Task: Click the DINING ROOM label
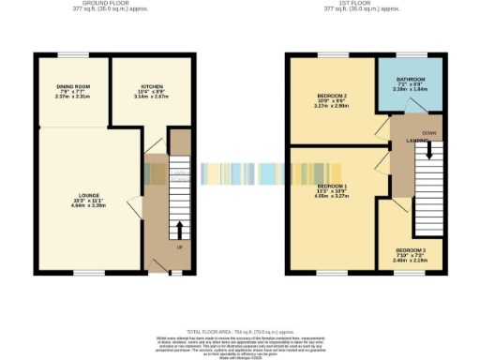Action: (x=71, y=85)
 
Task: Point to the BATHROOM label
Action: (x=411, y=79)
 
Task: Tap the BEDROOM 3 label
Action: (x=410, y=249)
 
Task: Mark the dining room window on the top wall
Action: (x=71, y=55)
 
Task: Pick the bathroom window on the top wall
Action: (x=410, y=55)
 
